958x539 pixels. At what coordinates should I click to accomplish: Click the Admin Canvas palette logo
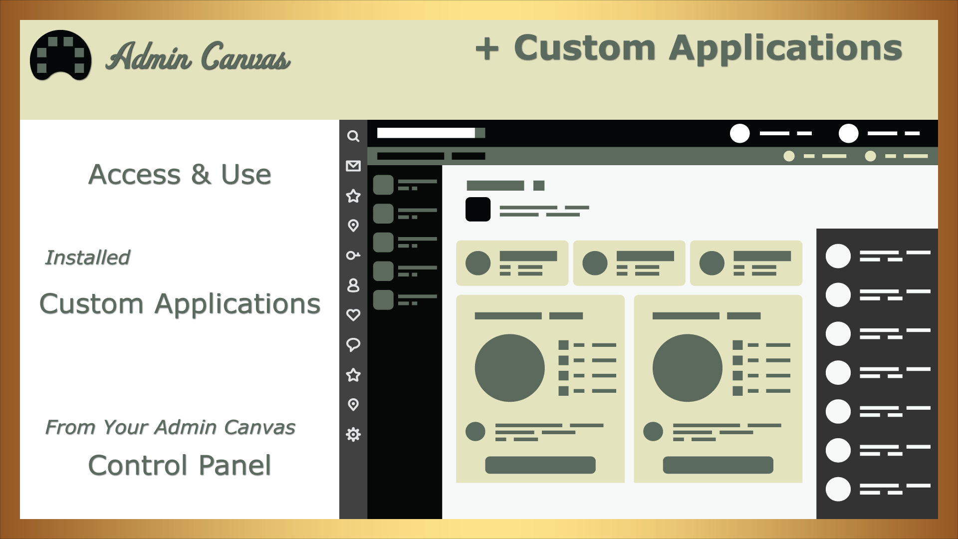coord(60,55)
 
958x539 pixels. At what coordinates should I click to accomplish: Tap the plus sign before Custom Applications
coord(487,49)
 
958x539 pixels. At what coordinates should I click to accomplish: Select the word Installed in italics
coord(87,258)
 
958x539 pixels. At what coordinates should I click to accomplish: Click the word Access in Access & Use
coord(134,175)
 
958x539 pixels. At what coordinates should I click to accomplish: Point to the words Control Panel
coord(180,465)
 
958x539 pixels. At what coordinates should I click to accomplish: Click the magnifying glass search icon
coord(353,136)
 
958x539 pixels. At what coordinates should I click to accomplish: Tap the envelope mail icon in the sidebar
coord(353,166)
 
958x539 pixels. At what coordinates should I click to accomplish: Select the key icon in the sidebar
coord(353,256)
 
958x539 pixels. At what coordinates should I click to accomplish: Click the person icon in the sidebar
coord(353,285)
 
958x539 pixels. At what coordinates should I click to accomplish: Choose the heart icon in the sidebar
coord(353,315)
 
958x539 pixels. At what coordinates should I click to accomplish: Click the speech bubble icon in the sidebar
coord(353,345)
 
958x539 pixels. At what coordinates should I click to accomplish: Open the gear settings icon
coord(353,434)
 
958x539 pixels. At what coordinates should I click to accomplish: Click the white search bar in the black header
coord(426,133)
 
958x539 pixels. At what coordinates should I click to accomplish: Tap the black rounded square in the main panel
coord(478,209)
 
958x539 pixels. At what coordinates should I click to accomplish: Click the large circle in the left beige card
coord(509,368)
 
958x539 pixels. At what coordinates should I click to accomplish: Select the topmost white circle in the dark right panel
coord(838,256)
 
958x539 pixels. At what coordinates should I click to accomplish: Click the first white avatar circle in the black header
coord(740,133)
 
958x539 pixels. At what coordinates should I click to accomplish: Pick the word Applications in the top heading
coord(785,49)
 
